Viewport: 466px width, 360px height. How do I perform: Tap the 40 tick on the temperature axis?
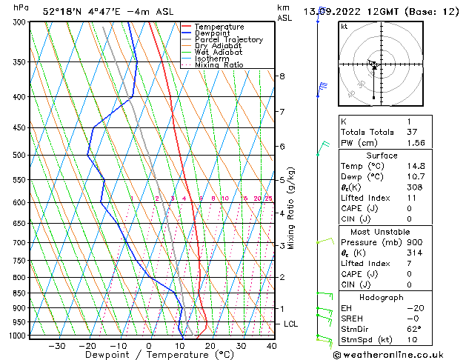point(272,346)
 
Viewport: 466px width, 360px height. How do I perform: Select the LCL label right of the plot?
point(292,324)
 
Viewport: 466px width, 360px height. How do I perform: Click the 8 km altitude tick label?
point(282,76)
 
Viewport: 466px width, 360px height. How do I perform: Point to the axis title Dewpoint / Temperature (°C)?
point(150,355)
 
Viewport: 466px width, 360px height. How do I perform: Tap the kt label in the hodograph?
point(344,27)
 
